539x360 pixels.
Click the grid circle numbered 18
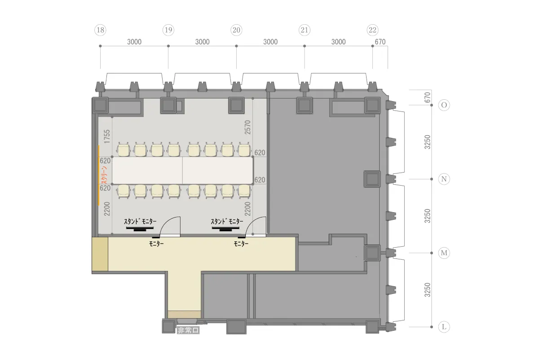tap(100, 30)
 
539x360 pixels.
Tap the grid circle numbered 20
tap(236, 30)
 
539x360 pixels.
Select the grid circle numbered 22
tap(372, 30)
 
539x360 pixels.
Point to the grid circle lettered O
tap(444, 105)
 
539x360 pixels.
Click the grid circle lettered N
tap(444, 179)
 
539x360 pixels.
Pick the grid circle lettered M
tap(444, 253)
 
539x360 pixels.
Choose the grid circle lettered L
tap(444, 327)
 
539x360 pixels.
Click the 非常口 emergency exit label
tap(188, 330)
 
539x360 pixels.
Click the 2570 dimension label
tap(247, 127)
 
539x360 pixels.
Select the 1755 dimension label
tap(107, 137)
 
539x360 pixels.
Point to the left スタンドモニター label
tap(140, 221)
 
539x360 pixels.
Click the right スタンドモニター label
tap(227, 221)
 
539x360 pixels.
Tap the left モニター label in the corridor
tap(156, 244)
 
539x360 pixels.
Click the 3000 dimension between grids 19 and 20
tap(202, 42)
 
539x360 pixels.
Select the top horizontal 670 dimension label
tap(380, 42)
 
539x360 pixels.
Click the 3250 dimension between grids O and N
tap(427, 142)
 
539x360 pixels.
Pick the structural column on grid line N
tap(372, 179)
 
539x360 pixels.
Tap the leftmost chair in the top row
tap(124, 150)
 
